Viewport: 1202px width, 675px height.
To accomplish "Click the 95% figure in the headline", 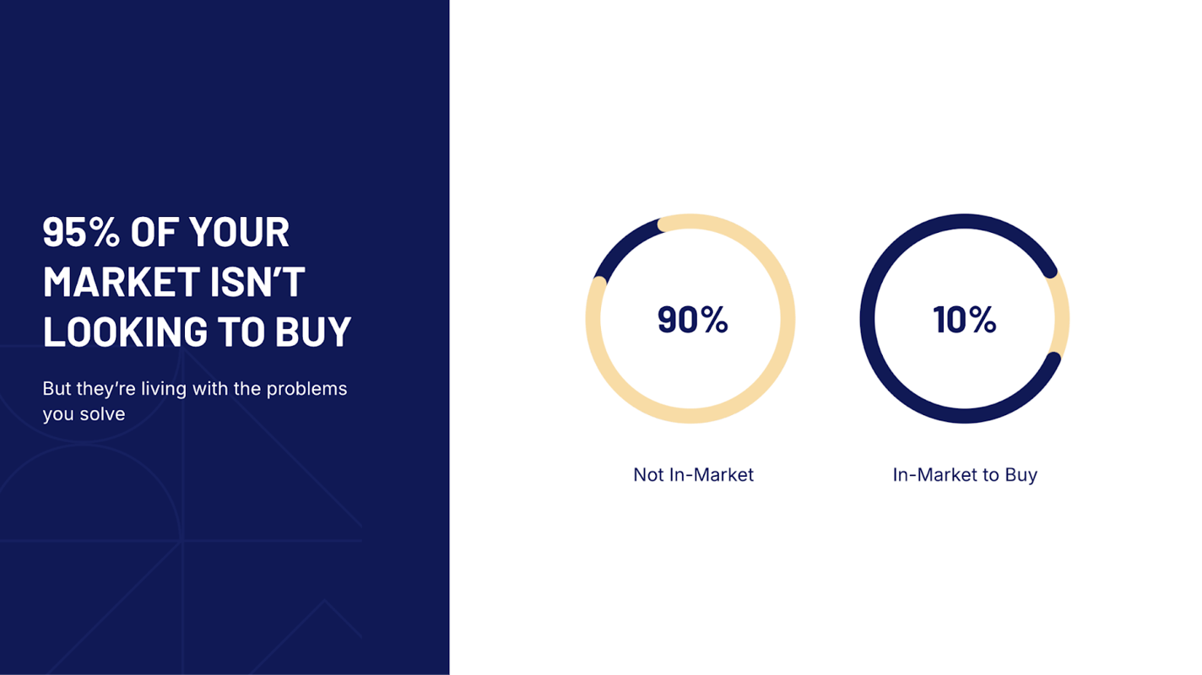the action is (81, 232).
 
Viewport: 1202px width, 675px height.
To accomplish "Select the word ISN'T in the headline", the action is (257, 282).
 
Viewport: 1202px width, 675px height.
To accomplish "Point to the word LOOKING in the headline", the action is (125, 331).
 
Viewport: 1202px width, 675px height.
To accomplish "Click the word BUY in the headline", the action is (313, 331).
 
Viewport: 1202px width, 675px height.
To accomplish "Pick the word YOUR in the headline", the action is (239, 232).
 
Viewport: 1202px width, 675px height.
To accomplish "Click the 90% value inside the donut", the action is (693, 320).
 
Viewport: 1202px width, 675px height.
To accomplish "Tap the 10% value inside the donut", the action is (965, 320).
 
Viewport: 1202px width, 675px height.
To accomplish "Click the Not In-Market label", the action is (693, 475).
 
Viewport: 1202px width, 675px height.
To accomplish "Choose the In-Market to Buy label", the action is (965, 475).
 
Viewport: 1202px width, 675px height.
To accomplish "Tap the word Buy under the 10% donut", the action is (1021, 475).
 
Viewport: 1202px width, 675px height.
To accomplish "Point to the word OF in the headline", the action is (154, 232).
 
